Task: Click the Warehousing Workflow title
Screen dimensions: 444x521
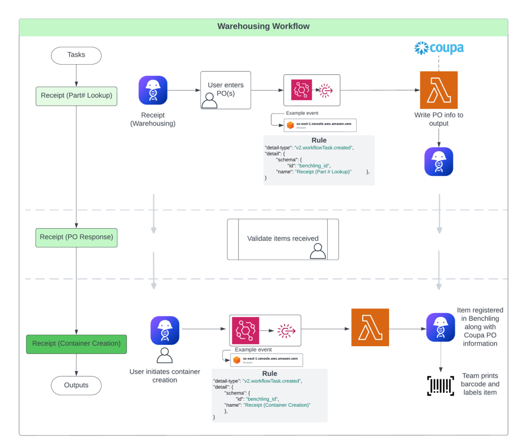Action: tap(263, 26)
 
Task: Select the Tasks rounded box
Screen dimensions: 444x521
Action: tap(76, 55)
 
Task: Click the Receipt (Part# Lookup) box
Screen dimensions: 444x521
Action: tap(76, 96)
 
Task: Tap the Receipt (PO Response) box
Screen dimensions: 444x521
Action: tap(76, 237)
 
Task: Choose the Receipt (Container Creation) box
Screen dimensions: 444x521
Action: tap(76, 344)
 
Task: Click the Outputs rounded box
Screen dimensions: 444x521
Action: tap(76, 385)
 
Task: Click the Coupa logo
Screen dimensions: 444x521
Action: tap(439, 48)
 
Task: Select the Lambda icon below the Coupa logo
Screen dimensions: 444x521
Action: tap(439, 90)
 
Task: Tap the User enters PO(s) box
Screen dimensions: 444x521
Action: tap(226, 90)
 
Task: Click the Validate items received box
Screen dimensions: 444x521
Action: tap(282, 239)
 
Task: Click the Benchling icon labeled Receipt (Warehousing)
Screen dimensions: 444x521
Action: tap(153, 90)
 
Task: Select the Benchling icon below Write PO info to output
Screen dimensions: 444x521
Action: tap(439, 162)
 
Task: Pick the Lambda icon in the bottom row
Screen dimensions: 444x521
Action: tap(370, 327)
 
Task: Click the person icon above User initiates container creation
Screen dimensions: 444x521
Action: tap(164, 355)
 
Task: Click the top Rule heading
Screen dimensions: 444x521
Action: tap(319, 140)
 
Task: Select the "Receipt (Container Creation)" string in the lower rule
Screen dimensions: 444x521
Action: tap(277, 405)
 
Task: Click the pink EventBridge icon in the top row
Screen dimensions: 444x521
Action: tap(302, 90)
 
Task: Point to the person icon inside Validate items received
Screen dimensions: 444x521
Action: tap(318, 251)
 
